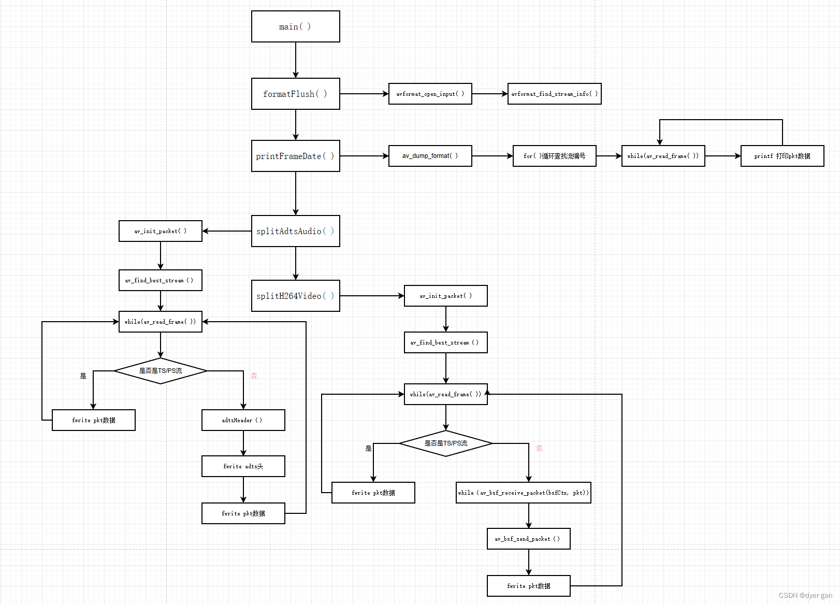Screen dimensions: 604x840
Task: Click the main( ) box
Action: click(295, 26)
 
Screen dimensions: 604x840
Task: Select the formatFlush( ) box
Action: click(295, 94)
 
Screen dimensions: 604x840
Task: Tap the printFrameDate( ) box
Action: click(295, 156)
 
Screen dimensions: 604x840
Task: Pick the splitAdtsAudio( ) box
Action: click(295, 231)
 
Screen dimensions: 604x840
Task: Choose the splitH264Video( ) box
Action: click(295, 296)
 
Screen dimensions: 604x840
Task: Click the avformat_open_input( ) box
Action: click(430, 94)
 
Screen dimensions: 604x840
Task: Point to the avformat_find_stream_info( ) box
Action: click(554, 94)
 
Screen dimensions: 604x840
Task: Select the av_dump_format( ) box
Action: click(430, 156)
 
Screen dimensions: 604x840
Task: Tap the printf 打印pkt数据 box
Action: click(782, 156)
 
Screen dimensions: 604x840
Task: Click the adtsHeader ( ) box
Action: click(243, 420)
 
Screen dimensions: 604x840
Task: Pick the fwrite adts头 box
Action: click(243, 466)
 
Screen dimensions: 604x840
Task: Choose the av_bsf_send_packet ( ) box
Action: click(528, 539)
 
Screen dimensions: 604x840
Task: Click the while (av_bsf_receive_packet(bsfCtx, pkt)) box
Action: click(523, 493)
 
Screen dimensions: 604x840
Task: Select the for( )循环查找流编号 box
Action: click(554, 156)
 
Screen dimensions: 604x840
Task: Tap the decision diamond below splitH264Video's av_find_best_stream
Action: click(445, 443)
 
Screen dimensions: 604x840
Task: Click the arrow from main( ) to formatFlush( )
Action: click(296, 60)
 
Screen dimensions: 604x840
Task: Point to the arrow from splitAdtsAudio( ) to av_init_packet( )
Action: click(227, 231)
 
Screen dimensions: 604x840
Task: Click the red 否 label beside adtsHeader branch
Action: click(254, 376)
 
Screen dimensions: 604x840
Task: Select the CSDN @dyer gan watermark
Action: click(805, 595)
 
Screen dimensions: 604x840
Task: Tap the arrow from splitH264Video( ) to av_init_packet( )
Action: click(372, 296)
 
